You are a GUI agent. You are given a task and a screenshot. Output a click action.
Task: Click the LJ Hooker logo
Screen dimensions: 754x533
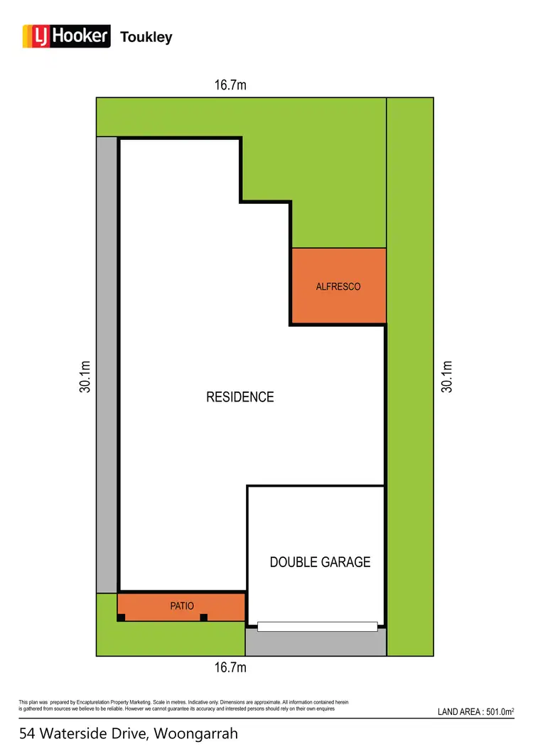pos(66,36)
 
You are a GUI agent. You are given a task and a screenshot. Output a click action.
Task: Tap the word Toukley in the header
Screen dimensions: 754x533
pos(146,37)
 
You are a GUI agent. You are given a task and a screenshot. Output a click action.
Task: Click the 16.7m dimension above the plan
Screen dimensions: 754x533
pos(230,86)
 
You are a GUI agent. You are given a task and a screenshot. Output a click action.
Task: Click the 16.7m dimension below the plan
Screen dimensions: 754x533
pos(230,667)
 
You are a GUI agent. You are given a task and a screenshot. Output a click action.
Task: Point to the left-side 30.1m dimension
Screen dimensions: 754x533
pos(85,377)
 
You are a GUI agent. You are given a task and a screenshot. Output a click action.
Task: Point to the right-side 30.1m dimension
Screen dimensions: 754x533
pos(447,377)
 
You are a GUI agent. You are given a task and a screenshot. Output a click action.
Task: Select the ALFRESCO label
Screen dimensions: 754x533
pos(338,286)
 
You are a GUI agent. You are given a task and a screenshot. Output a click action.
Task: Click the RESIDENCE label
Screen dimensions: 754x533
pos(239,397)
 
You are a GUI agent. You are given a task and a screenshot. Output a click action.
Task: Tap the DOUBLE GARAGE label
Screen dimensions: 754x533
pos(320,562)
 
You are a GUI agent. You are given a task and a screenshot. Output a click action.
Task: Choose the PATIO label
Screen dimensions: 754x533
pos(182,606)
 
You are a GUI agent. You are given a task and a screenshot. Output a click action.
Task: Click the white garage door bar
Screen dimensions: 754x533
pos(318,626)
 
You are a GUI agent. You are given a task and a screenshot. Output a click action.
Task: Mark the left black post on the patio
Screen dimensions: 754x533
pos(122,618)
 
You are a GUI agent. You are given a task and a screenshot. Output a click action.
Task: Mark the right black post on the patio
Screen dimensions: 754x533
pos(204,618)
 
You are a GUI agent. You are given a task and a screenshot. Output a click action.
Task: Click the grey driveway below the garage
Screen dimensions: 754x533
pos(316,642)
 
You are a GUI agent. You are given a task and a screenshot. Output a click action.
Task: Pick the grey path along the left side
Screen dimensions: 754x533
pos(107,362)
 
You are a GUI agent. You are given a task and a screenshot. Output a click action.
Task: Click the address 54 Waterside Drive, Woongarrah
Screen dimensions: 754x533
pos(129,733)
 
